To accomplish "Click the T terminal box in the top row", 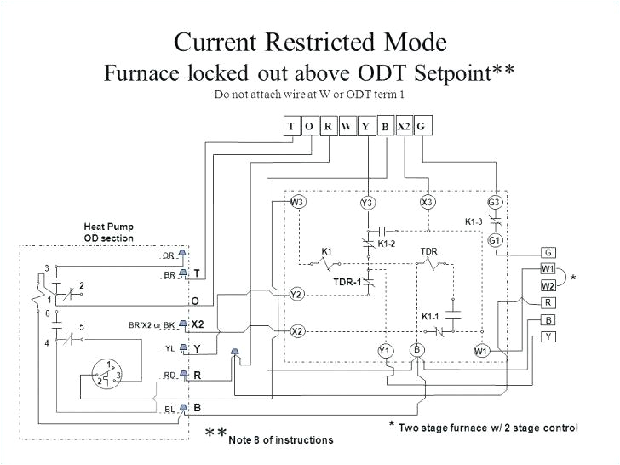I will click(291, 127).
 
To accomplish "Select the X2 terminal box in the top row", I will click(404, 127).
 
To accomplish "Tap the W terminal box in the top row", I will click(347, 127).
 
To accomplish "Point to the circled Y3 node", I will click(367, 202).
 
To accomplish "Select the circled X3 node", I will click(428, 202).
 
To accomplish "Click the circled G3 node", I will click(495, 202).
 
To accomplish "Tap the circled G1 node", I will click(495, 240).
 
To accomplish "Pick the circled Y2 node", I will click(296, 294).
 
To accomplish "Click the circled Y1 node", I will click(385, 351).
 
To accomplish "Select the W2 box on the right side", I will click(548, 285).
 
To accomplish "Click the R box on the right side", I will click(548, 302).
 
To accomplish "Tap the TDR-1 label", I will click(347, 282).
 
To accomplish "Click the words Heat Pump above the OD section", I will click(108, 227).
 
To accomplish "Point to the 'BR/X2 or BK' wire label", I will click(151, 325).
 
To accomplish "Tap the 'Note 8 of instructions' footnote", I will click(281, 439).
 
